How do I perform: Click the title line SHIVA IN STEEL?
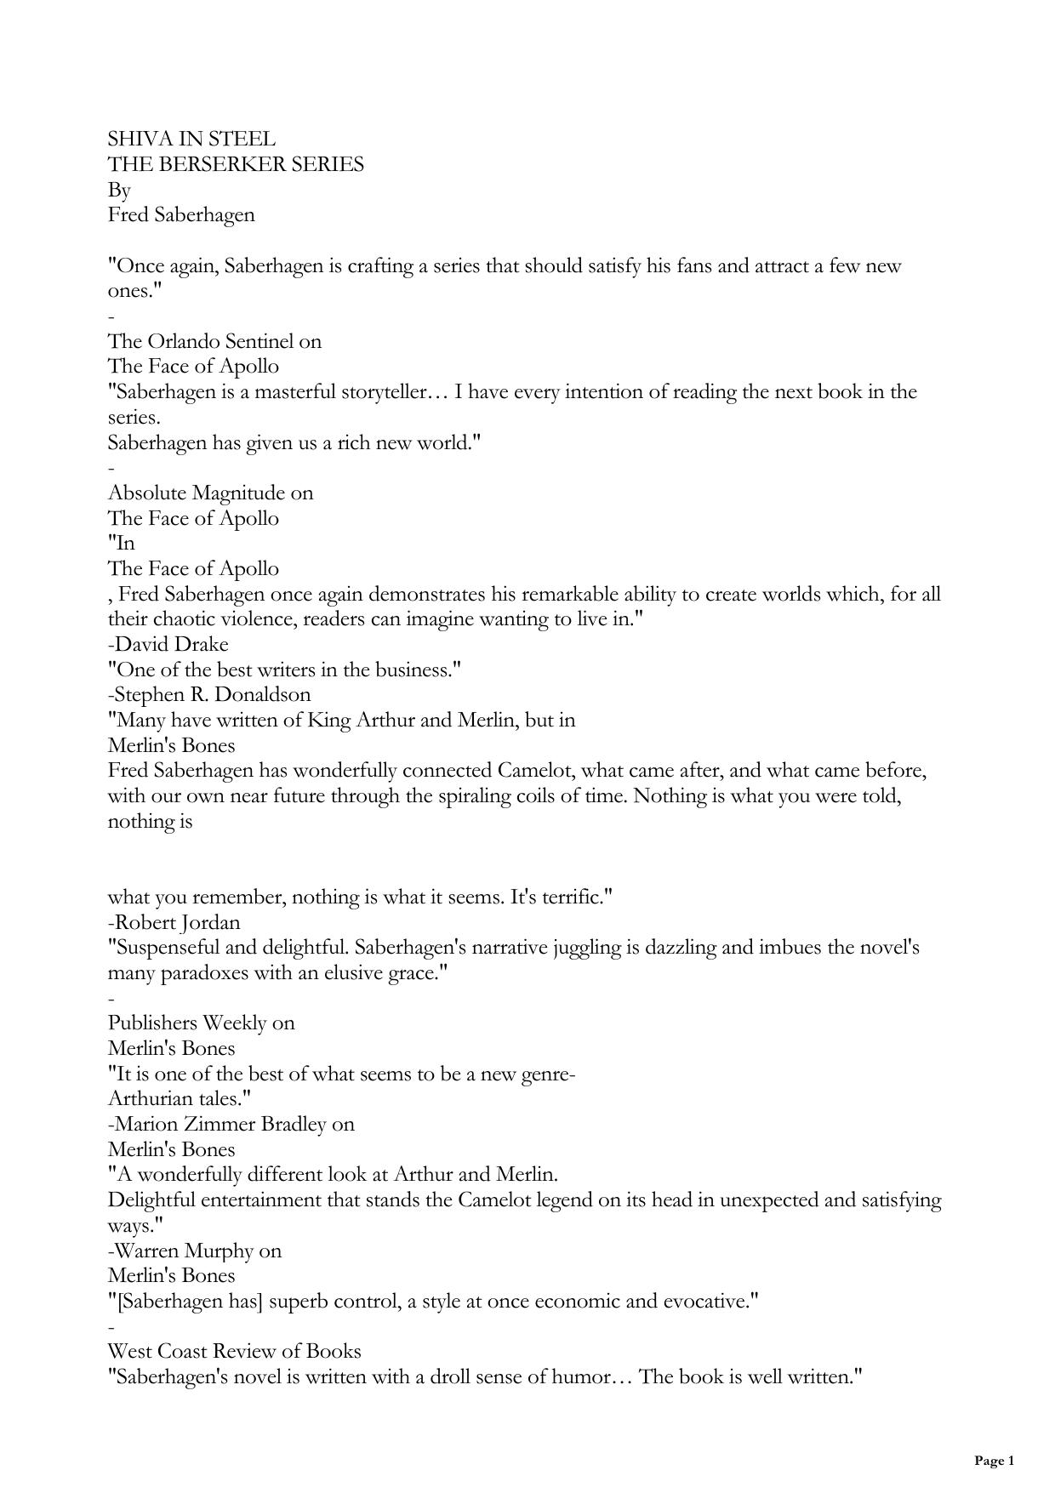coord(191,139)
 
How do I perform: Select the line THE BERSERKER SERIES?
coord(236,164)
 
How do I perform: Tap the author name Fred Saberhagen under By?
coord(181,214)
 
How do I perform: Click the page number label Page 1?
coord(994,1462)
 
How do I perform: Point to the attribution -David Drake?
coord(168,644)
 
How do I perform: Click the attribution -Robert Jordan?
coord(174,922)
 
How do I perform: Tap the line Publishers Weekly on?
coord(202,1023)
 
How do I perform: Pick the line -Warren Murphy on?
coord(195,1251)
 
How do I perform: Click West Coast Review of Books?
coord(235,1351)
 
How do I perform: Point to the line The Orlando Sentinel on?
coord(214,341)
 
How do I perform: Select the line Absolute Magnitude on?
coord(210,493)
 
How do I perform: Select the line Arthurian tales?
coord(180,1098)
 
